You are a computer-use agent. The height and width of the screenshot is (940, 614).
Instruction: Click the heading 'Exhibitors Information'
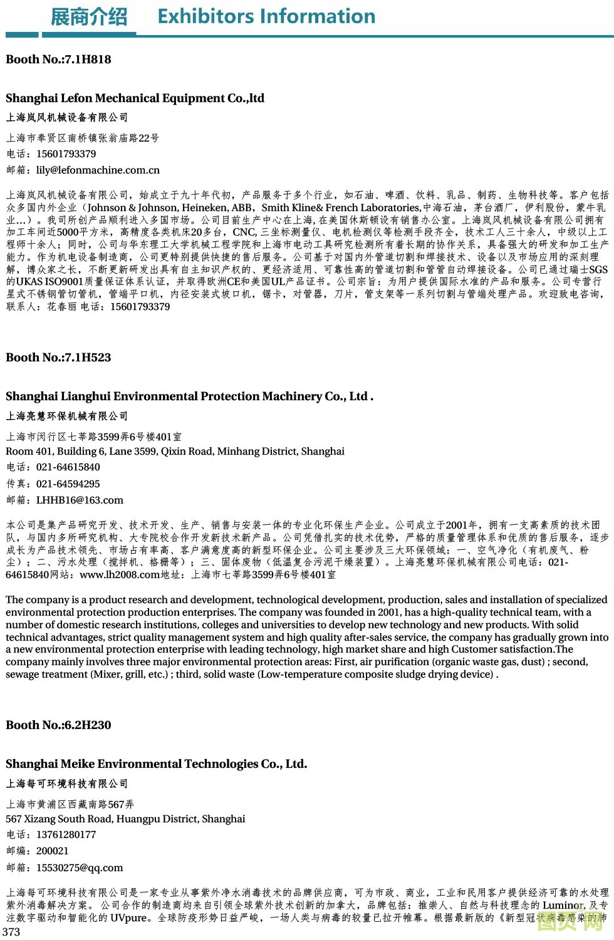click(266, 16)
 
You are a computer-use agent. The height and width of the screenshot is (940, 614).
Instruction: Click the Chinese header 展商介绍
click(88, 17)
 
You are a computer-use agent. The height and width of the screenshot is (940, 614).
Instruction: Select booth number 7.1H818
click(58, 59)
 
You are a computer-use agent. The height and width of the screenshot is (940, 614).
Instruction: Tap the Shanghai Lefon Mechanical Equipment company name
click(135, 98)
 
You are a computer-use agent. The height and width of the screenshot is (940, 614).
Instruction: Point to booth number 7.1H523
click(58, 358)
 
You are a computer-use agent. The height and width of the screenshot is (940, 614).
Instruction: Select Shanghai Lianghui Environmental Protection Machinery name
click(189, 396)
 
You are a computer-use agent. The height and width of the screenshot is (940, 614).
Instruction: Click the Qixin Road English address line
click(175, 452)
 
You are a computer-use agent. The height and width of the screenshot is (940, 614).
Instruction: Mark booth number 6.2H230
click(58, 725)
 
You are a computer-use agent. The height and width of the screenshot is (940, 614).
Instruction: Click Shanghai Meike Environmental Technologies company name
click(156, 764)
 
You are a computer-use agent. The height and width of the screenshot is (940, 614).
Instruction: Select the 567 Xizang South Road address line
click(125, 819)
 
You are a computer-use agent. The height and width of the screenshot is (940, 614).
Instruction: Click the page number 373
click(11, 932)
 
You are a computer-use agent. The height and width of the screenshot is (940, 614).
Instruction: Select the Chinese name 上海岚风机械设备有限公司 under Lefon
click(66, 118)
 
